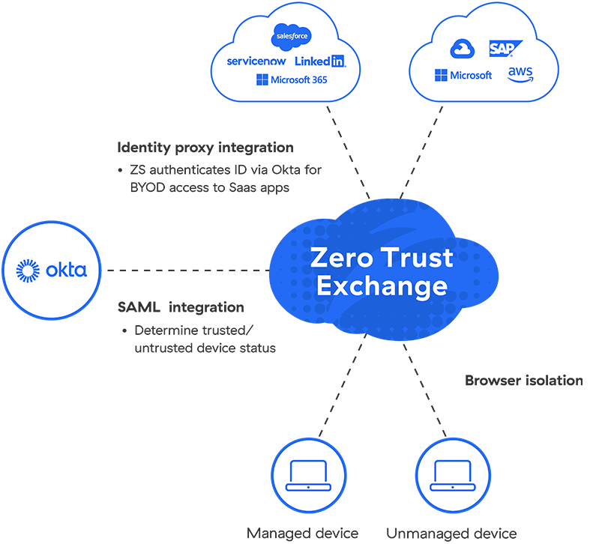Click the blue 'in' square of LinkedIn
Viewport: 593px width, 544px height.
tap(338, 61)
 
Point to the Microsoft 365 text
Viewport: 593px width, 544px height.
tap(300, 79)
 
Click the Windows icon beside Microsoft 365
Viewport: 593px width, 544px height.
tap(262, 79)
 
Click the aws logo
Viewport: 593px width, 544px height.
tap(520, 74)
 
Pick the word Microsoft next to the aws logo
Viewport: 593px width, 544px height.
tap(471, 75)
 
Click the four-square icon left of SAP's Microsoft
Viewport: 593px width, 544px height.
tap(441, 75)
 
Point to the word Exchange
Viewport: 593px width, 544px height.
tap(382, 287)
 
